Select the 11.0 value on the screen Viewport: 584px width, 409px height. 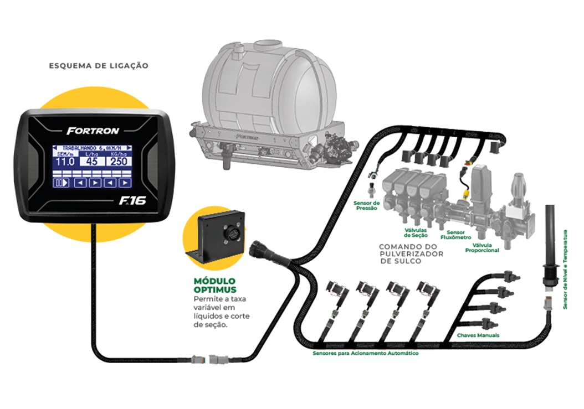click(65, 162)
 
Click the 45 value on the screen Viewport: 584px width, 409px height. click(92, 162)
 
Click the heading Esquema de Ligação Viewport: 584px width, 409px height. click(99, 65)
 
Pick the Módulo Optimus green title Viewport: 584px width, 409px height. click(214, 285)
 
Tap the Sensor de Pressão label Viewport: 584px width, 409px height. click(366, 206)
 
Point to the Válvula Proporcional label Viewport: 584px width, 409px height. click(485, 247)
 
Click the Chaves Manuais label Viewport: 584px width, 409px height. click(478, 335)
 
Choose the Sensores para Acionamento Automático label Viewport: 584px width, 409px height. click(365, 353)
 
